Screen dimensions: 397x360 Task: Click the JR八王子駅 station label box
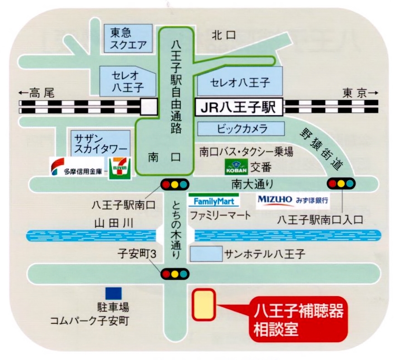239,107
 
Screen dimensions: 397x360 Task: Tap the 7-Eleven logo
120,168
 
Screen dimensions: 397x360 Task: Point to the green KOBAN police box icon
236,167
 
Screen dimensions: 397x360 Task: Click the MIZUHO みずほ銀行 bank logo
293,201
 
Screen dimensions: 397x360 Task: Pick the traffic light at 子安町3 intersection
175,274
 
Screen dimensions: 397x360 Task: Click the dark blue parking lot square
114,294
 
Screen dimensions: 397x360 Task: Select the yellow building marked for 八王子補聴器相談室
204,304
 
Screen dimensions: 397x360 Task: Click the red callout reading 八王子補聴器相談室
298,319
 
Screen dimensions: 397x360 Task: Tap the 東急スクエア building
129,38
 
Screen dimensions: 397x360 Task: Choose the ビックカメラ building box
241,129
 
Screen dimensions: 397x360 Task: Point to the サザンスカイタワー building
100,143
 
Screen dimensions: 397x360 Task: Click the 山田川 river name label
114,223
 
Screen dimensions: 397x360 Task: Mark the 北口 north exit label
224,35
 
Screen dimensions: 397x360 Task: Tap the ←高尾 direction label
37,93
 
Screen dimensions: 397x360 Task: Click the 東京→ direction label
360,93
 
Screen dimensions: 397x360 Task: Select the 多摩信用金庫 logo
77,166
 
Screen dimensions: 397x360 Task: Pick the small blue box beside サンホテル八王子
206,254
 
